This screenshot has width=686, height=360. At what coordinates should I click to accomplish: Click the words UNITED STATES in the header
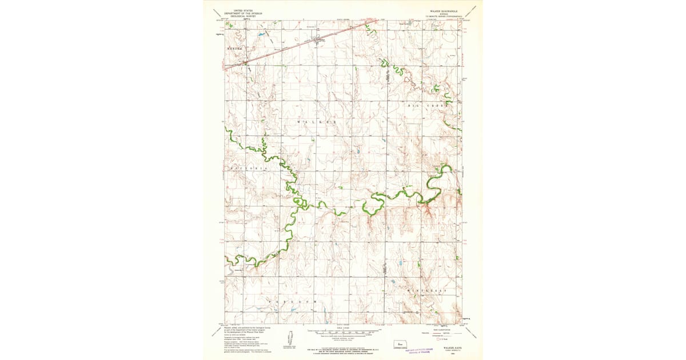(x=241, y=10)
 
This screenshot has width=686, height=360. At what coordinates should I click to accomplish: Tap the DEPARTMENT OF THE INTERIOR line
(x=241, y=13)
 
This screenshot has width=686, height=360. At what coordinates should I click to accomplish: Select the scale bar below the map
(x=342, y=331)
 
